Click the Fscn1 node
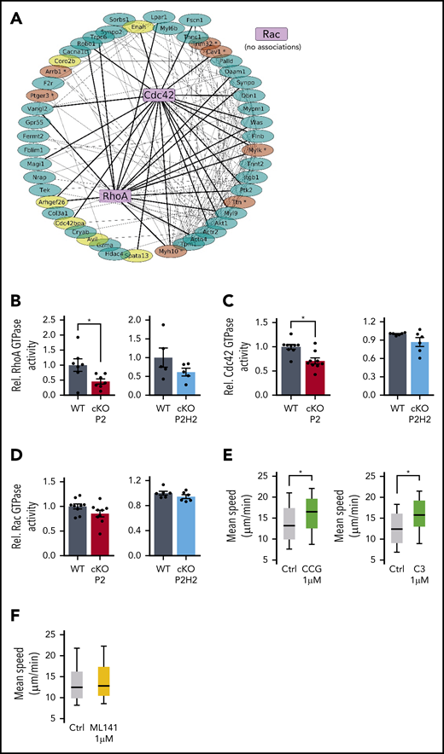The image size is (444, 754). click(x=202, y=18)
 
